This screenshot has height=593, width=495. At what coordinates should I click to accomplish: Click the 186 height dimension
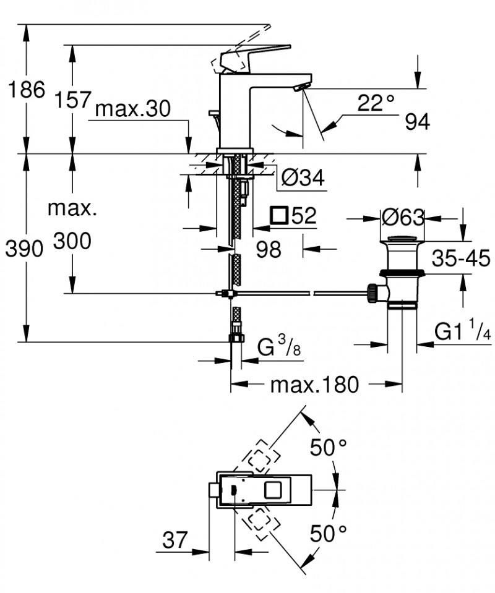click(25, 90)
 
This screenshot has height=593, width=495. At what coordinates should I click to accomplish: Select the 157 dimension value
click(72, 99)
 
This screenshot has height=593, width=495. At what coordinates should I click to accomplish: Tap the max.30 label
click(132, 109)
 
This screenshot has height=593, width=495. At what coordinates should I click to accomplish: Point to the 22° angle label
click(376, 103)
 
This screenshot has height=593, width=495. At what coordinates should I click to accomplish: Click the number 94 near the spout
click(417, 122)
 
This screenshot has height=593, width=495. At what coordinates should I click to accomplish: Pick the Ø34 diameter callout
click(303, 178)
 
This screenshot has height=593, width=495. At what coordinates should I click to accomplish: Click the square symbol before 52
click(280, 216)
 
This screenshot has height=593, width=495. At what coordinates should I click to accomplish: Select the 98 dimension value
click(268, 249)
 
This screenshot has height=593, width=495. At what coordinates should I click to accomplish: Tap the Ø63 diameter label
click(402, 218)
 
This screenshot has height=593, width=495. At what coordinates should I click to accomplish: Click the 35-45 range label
click(460, 258)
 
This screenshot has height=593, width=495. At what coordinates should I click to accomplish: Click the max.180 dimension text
click(314, 385)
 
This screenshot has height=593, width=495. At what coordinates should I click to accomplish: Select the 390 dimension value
click(23, 249)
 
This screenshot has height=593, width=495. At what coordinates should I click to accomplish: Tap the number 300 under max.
click(72, 241)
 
